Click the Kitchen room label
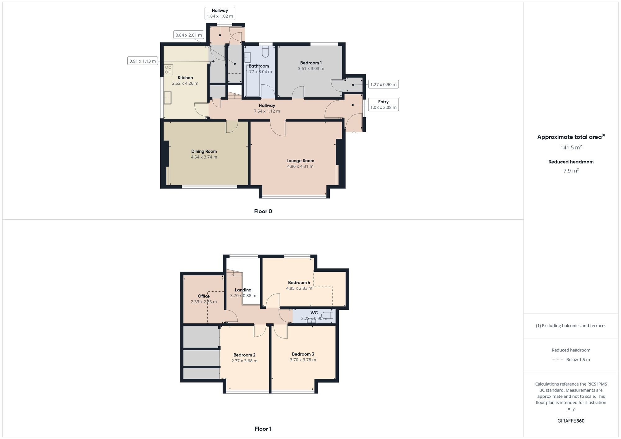click(x=185, y=78)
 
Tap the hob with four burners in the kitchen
click(x=168, y=69)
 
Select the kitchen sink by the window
click(x=168, y=98)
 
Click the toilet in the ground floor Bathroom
click(x=265, y=52)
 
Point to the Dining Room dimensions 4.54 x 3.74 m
click(x=204, y=157)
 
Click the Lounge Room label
click(x=300, y=161)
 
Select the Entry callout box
click(x=383, y=105)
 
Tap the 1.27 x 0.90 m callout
click(x=383, y=84)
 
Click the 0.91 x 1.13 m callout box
click(x=143, y=61)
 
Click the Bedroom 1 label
click(x=311, y=63)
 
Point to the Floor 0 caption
click(x=263, y=211)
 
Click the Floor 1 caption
click(x=263, y=429)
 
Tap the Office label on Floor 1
click(x=204, y=296)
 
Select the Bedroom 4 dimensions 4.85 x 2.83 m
click(x=299, y=288)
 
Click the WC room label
click(x=314, y=313)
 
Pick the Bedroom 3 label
click(x=303, y=354)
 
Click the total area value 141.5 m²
click(x=571, y=148)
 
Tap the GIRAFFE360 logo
click(x=571, y=421)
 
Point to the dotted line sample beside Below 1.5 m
click(x=557, y=360)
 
